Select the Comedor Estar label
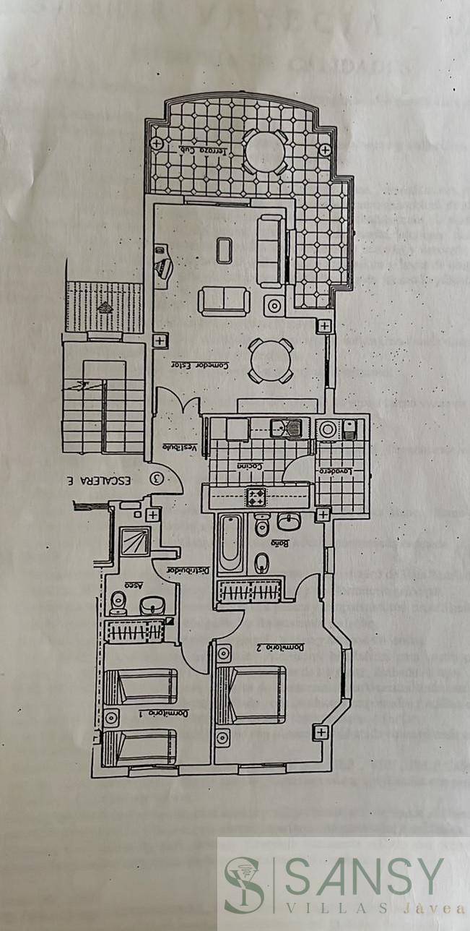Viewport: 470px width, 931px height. [x=200, y=366]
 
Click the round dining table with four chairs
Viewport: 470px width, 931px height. [x=271, y=360]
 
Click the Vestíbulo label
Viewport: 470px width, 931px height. [x=178, y=447]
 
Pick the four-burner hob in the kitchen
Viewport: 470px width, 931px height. [x=256, y=495]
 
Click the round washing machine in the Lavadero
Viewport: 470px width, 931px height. [x=328, y=430]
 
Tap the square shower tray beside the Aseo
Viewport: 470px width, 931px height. [x=134, y=540]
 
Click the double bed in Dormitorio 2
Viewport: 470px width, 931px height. [x=252, y=694]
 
